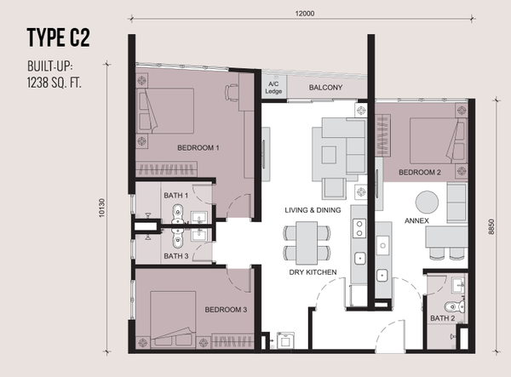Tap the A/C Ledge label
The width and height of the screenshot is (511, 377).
(274, 87)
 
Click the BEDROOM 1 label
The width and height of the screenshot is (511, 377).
(198, 147)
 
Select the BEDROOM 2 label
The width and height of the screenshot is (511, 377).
(419, 172)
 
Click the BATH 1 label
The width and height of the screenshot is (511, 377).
(175, 197)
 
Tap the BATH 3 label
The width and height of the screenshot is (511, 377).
(175, 255)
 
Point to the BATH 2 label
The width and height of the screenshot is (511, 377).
(442, 318)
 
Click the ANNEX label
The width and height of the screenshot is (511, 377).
(416, 220)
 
